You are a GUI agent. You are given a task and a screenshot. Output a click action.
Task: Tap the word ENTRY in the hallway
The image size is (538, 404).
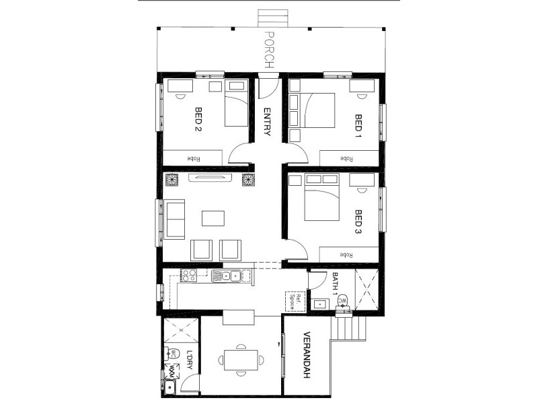tap(267, 122)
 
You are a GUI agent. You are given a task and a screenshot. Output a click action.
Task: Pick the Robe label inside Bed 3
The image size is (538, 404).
tap(347, 255)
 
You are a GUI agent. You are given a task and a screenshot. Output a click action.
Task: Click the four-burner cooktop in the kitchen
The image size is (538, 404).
tap(188, 275)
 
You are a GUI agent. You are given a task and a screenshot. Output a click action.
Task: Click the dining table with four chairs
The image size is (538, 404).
tap(240, 359)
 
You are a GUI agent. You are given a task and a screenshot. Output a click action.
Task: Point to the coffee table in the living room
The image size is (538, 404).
tap(215, 219)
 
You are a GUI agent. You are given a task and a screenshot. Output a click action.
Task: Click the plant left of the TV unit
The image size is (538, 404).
tap(171, 178)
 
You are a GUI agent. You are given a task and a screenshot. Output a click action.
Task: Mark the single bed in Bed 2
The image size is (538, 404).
tap(235, 104)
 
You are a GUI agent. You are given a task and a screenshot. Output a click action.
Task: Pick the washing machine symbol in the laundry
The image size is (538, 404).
tap(171, 369)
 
